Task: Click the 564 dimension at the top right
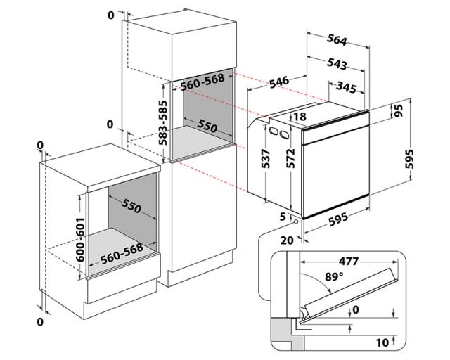click(341, 39)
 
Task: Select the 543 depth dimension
click(337, 64)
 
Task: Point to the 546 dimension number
click(278, 83)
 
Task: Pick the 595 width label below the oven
click(338, 219)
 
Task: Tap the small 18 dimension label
click(300, 117)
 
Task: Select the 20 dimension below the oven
click(287, 240)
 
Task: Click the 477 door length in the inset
click(346, 262)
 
